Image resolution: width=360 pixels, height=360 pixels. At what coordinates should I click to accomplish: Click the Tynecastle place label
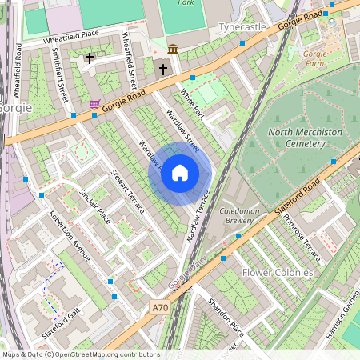tap(242, 28)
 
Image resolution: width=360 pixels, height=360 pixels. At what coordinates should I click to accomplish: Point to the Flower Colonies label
tap(278, 272)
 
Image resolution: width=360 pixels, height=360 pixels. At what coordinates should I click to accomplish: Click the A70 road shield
tap(161, 306)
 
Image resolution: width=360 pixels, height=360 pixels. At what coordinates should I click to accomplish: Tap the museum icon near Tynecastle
tap(173, 50)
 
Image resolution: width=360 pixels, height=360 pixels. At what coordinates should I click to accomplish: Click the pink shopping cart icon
tap(94, 104)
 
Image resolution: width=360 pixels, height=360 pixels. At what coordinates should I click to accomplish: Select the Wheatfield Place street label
tap(72, 34)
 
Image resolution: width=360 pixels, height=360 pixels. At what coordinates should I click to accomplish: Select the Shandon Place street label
tap(226, 315)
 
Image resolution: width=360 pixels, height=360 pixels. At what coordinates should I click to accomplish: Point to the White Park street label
tap(193, 104)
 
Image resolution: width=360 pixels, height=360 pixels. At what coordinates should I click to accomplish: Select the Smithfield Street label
tap(58, 75)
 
